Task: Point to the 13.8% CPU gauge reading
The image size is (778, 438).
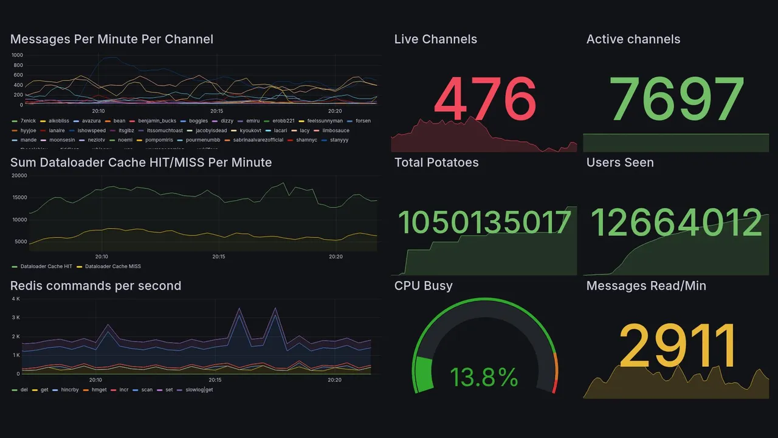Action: (484, 378)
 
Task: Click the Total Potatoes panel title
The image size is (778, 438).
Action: (436, 162)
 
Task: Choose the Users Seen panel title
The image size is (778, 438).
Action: (619, 162)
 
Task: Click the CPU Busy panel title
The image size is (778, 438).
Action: (423, 286)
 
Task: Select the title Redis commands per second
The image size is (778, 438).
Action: (95, 286)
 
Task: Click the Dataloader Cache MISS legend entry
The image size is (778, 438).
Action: (112, 266)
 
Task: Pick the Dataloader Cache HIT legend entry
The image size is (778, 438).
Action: (46, 266)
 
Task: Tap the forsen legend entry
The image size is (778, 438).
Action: (362, 121)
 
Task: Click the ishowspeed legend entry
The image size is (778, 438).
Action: (91, 131)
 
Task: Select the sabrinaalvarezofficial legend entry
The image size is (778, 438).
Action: (258, 140)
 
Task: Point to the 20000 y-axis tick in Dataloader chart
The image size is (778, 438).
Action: (19, 176)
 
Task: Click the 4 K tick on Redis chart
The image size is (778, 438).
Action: (16, 299)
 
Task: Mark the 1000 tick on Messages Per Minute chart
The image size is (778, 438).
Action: (17, 55)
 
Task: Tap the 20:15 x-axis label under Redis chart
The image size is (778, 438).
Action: (215, 380)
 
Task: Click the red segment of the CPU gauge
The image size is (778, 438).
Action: (554, 386)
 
